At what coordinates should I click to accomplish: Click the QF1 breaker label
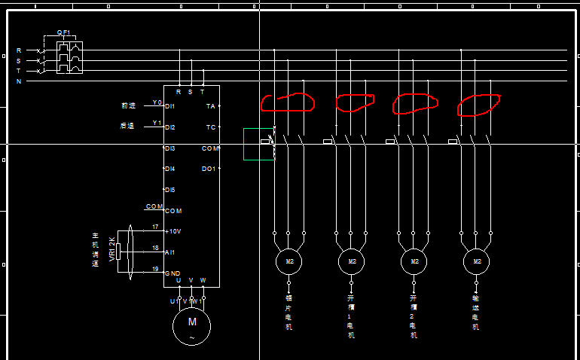click(63, 32)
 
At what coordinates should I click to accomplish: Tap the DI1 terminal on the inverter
click(171, 107)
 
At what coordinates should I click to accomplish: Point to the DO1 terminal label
click(209, 169)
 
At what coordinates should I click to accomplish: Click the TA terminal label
click(210, 107)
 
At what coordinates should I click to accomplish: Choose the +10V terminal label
click(173, 231)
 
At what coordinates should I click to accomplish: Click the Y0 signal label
click(157, 102)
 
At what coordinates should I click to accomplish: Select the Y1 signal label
click(157, 123)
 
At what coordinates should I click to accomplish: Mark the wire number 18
click(155, 248)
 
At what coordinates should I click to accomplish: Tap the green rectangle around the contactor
click(259, 144)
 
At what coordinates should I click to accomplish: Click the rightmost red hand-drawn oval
click(480, 105)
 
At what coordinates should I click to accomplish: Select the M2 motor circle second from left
click(351, 261)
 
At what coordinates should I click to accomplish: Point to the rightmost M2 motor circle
click(477, 261)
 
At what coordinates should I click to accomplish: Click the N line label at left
click(19, 81)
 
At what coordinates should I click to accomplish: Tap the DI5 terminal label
click(170, 190)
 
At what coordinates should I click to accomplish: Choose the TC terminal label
click(210, 127)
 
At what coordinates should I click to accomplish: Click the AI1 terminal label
click(171, 252)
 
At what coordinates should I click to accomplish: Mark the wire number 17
click(155, 227)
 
